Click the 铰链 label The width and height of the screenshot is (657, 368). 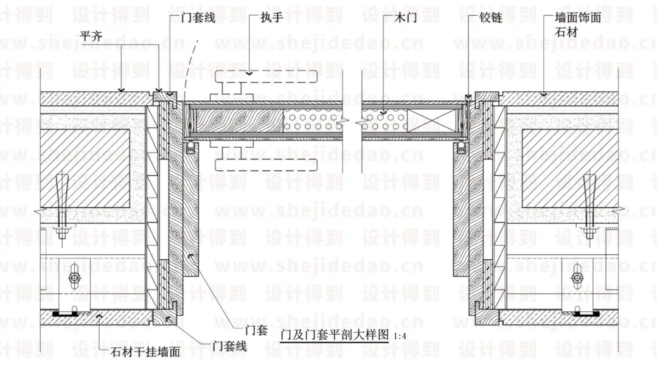(x=490, y=18)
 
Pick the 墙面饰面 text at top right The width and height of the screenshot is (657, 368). (x=579, y=18)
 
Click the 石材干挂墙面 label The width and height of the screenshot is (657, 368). (x=146, y=352)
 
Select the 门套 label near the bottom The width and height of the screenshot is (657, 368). (x=256, y=331)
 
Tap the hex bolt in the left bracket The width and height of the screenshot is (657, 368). (x=74, y=278)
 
